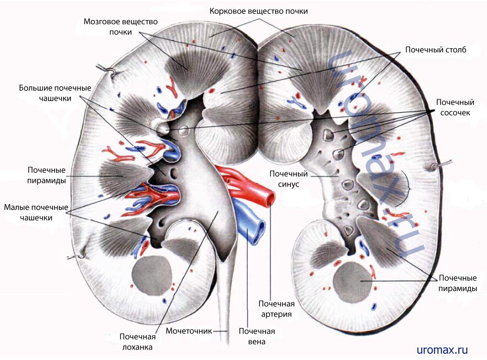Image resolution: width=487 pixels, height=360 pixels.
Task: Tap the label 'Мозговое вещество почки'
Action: pyautogui.click(x=120, y=27)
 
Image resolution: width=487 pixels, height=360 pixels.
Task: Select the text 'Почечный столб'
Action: pyautogui.click(x=435, y=49)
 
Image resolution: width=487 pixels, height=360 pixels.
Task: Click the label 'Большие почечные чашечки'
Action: pyautogui.click(x=55, y=93)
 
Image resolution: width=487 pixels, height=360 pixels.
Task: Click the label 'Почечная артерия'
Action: pyautogui.click(x=276, y=309)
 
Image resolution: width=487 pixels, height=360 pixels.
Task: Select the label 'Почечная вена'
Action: pyautogui.click(x=257, y=337)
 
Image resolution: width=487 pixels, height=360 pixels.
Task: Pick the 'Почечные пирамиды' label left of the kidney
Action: pyautogui.click(x=46, y=175)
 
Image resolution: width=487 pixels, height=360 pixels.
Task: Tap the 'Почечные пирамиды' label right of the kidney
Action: pyautogui.click(x=457, y=283)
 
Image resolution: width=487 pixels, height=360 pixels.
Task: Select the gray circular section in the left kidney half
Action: pyautogui.click(x=152, y=275)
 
